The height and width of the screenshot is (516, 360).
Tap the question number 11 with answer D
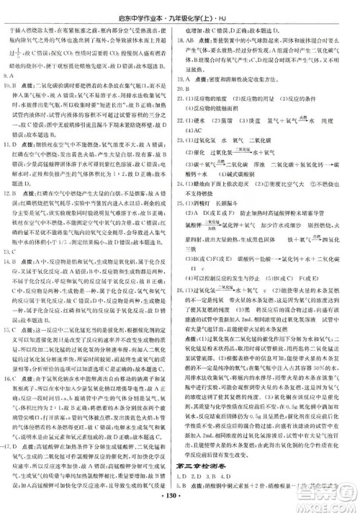pos(11,144)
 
